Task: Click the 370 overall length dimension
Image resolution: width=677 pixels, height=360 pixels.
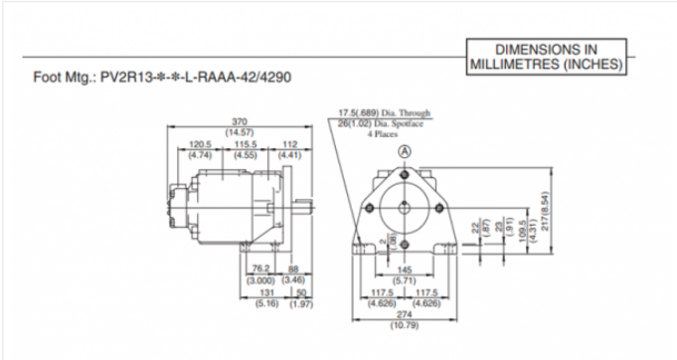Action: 240,122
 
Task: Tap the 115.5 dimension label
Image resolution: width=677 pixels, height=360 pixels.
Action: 244,145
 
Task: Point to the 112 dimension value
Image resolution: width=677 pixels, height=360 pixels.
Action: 289,145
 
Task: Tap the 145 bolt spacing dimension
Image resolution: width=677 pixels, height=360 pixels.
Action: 405,271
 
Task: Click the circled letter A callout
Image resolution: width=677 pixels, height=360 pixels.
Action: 405,151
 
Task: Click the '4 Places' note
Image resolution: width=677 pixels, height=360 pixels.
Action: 383,132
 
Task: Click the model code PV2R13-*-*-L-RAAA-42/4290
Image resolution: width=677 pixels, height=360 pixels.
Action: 196,77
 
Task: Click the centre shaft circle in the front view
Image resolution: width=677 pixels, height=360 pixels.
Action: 406,206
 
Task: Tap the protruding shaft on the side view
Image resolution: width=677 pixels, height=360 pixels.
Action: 304,206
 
